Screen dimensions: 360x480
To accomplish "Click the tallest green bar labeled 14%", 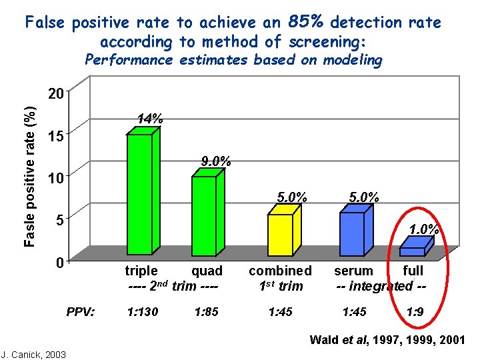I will click(x=140, y=193).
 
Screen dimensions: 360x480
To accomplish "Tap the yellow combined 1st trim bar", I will click(x=280, y=234).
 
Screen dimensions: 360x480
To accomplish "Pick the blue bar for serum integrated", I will click(x=351, y=233).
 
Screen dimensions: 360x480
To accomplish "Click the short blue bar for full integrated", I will click(x=413, y=251).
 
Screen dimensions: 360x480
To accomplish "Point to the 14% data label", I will click(x=149, y=119).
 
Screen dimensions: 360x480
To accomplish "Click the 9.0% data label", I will click(x=216, y=161).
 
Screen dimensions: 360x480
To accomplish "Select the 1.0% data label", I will click(x=423, y=229).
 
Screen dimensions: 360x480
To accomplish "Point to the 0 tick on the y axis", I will click(x=59, y=263).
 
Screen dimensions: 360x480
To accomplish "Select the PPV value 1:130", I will click(x=142, y=311).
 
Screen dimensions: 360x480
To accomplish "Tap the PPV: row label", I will click(x=81, y=311).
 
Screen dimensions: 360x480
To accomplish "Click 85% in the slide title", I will click(x=307, y=21).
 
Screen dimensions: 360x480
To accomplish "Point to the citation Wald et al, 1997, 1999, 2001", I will click(x=387, y=340).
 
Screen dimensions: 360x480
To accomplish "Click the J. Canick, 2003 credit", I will click(x=33, y=354).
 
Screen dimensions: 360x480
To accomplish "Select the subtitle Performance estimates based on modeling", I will click(x=233, y=60).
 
